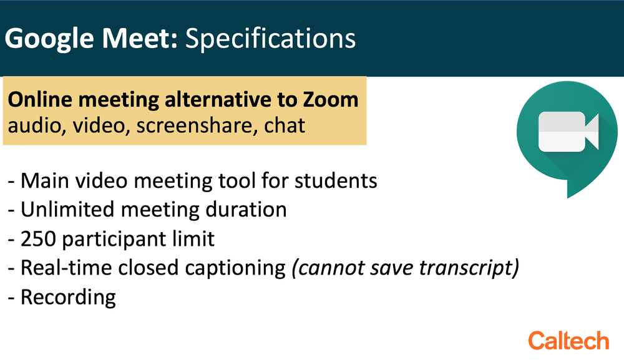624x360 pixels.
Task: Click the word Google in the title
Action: pos(50,39)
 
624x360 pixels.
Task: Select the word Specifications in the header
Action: pos(270,39)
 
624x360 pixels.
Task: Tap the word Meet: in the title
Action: pos(140,38)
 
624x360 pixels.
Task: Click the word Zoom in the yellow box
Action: pos(330,99)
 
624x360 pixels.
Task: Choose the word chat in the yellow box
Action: pos(285,125)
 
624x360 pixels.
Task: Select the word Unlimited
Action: pos(67,210)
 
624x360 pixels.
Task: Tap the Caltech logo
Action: pos(568,341)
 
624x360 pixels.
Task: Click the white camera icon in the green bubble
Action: pos(568,132)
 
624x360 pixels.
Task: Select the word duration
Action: pos(246,210)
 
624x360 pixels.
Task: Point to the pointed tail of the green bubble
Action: pos(568,197)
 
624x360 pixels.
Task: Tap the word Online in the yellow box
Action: pos(40,99)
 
